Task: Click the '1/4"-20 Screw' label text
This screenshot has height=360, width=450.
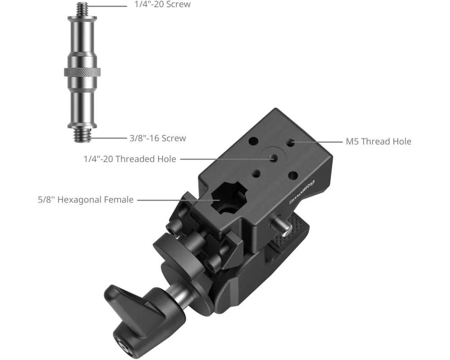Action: (x=162, y=4)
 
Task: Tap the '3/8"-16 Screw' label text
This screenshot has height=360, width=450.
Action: (x=157, y=138)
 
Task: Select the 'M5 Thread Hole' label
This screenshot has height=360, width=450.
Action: (x=378, y=141)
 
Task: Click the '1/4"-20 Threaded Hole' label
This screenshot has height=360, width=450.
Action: (x=130, y=159)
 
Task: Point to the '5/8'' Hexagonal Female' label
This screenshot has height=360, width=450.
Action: (x=85, y=199)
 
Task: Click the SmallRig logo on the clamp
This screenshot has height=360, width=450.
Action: (x=301, y=192)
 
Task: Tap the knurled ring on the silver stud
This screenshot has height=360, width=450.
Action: (x=82, y=72)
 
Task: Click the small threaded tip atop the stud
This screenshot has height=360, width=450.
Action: (x=82, y=9)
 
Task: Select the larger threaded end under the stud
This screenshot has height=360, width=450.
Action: (x=82, y=135)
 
